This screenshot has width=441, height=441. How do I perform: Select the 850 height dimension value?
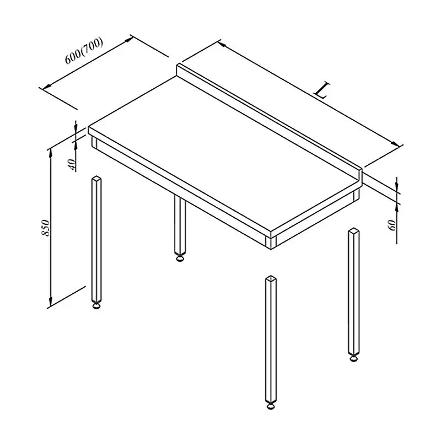point(46,228)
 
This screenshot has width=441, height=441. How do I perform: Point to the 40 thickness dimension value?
point(72,165)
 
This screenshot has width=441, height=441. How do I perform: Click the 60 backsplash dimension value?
point(392,225)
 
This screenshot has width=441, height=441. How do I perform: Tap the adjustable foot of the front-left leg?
point(96,305)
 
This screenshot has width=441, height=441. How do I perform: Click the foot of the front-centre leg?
point(271,406)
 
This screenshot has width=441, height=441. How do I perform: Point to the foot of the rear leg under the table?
point(180,257)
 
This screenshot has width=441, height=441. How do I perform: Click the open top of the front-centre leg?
point(271,278)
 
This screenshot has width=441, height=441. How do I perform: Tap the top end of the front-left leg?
point(96,179)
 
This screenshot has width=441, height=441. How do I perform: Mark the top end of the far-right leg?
point(354,230)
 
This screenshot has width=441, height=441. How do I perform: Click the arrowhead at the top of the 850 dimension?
point(51,152)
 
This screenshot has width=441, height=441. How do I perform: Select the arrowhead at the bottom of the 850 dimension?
point(51,303)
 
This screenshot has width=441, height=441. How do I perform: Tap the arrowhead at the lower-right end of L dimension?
point(396,144)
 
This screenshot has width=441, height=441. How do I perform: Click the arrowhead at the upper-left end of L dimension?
point(222,44)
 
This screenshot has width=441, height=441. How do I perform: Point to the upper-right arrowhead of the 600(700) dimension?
point(129,39)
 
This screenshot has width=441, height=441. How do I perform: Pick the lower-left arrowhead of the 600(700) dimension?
point(46,86)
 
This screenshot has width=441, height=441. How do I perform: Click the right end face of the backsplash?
point(361,175)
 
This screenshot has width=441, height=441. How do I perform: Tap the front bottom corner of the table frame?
point(271,249)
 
